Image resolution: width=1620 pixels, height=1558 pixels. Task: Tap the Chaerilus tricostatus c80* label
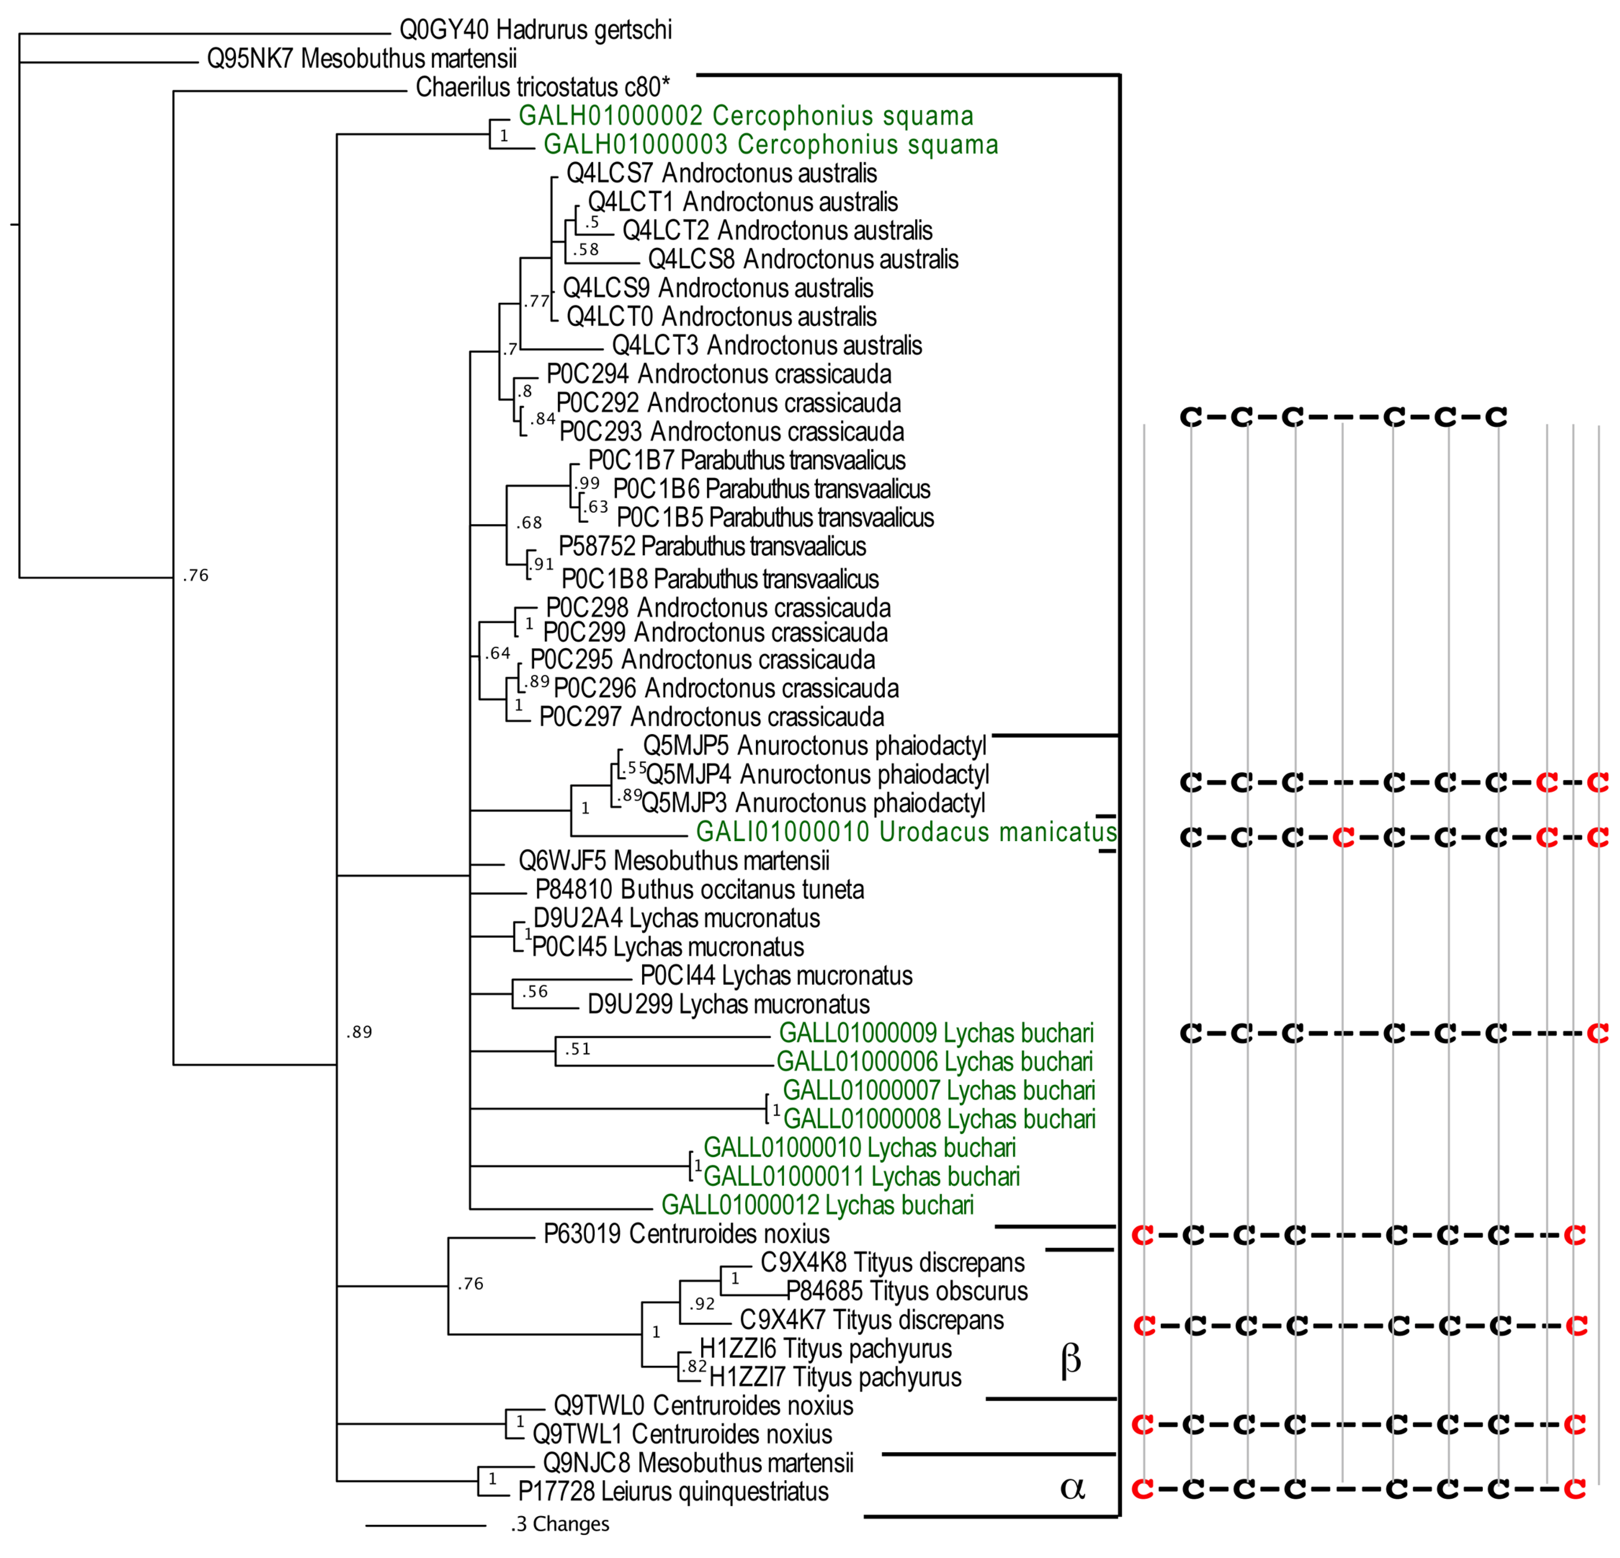542,87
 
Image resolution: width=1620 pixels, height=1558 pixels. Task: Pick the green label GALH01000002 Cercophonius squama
746,116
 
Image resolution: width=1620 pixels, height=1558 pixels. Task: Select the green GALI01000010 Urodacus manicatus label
906,832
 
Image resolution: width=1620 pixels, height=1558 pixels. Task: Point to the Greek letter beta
1070,1360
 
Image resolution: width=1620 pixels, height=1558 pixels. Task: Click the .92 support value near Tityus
702,1304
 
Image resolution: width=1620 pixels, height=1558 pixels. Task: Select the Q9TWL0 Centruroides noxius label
703,1406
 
